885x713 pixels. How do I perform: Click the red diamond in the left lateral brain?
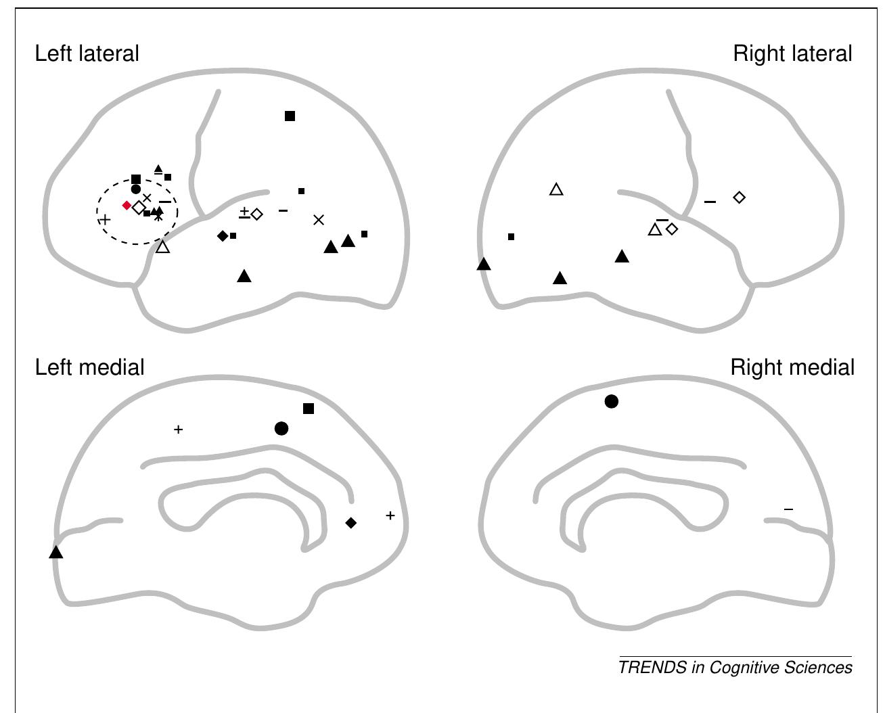tap(127, 205)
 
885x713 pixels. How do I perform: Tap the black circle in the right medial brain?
tap(612, 401)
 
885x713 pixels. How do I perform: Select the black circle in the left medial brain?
tap(281, 428)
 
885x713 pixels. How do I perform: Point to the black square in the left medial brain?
tap(309, 409)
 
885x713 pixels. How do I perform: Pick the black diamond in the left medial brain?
tap(350, 523)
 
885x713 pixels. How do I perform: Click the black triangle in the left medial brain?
tap(56, 552)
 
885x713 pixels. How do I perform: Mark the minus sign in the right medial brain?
tap(788, 509)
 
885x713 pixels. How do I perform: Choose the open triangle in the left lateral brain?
tap(163, 247)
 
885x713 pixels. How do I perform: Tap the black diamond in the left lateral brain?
tap(223, 236)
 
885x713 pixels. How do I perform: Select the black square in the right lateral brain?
tap(512, 237)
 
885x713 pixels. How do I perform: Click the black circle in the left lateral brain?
tap(136, 189)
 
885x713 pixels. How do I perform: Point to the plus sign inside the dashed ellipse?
tap(104, 220)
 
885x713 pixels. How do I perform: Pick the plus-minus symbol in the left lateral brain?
tap(244, 212)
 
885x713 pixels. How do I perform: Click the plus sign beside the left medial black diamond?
tap(390, 515)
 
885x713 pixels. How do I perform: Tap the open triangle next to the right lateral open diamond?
tap(655, 229)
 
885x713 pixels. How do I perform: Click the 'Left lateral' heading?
tap(87, 54)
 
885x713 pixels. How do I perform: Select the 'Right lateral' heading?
tap(792, 54)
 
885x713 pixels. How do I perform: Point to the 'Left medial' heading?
tap(90, 367)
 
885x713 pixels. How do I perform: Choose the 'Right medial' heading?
tap(792, 367)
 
